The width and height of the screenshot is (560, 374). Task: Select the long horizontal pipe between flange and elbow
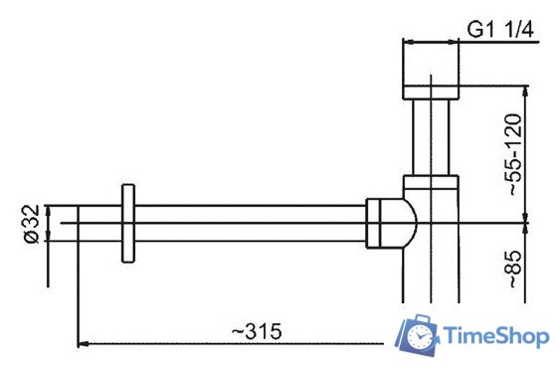(x=249, y=223)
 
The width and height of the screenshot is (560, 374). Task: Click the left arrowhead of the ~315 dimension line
(x=83, y=343)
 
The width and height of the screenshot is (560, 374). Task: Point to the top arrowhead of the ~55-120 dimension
(x=521, y=91)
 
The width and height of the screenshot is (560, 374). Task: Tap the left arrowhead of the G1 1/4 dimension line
(x=407, y=42)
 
